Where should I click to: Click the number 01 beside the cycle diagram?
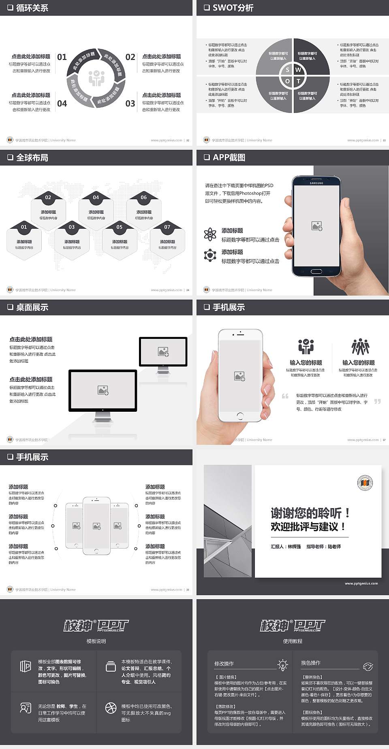62,57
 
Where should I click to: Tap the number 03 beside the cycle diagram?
130,104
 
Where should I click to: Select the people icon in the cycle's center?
96,78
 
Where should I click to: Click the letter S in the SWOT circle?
287,70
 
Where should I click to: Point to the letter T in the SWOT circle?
299,81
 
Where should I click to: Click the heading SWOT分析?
233,8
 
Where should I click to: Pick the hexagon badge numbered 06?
144,198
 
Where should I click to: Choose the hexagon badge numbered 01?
24,227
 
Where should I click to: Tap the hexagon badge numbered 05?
120,227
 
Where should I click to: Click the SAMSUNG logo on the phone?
316,183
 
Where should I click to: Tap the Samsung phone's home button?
316,271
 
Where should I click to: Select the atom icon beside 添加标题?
210,234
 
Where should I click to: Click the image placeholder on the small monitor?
163,351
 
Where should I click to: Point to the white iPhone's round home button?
240,415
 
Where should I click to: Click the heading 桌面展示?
32,307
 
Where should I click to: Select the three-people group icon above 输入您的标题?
360,347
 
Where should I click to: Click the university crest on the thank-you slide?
365,483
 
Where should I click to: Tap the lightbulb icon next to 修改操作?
282,664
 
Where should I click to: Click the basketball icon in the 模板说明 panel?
111,708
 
